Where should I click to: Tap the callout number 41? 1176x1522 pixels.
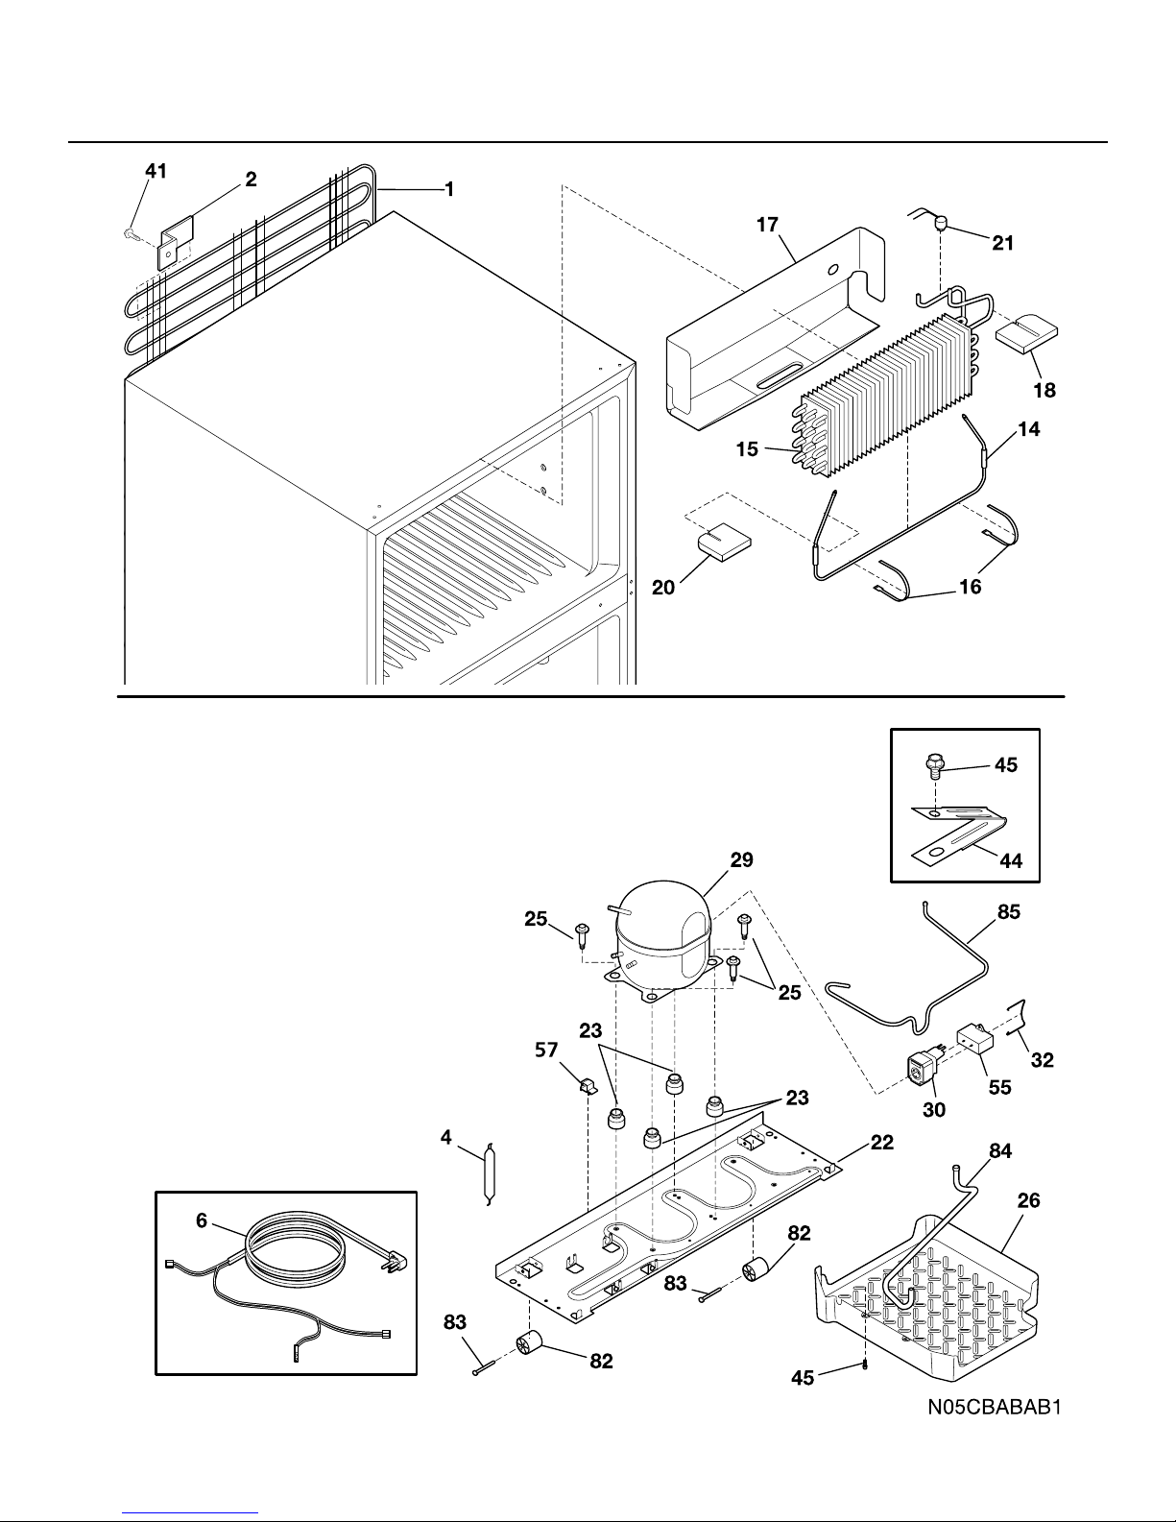point(156,171)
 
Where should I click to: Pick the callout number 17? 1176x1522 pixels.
point(767,225)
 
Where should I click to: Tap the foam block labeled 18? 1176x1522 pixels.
point(1026,330)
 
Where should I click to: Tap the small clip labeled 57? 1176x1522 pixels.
point(586,1086)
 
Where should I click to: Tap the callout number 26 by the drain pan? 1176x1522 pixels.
point(1028,1200)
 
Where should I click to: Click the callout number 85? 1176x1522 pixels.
point(1009,912)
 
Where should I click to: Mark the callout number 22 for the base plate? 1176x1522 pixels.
point(882,1143)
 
